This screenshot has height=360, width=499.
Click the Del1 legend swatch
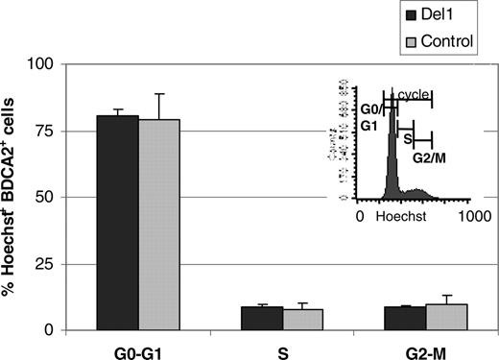click(412, 15)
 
